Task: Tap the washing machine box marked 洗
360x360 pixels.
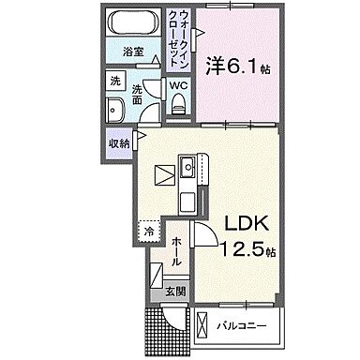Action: (x=112, y=81)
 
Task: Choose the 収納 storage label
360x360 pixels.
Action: (x=118, y=143)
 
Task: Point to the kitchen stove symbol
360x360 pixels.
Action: (x=164, y=173)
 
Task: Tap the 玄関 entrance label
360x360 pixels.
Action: (x=176, y=292)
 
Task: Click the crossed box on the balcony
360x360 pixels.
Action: (x=204, y=326)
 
